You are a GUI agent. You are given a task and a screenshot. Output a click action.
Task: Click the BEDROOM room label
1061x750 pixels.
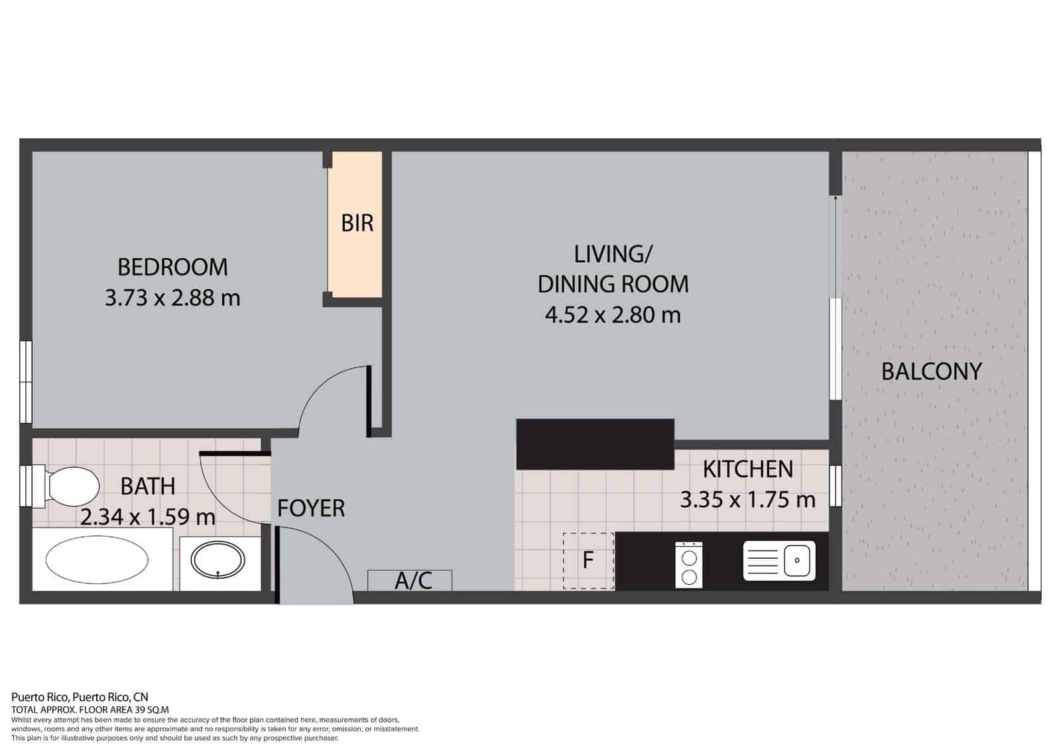click(x=172, y=267)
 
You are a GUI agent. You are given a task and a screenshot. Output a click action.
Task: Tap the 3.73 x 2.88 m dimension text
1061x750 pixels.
click(x=172, y=297)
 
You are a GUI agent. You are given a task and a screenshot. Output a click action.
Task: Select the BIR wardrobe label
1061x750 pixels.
click(x=357, y=223)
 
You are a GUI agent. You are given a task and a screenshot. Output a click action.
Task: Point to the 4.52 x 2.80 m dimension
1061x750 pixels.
click(x=613, y=315)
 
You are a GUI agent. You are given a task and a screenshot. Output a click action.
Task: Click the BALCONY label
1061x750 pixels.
click(x=931, y=371)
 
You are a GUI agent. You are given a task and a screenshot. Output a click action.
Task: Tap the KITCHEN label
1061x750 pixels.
click(x=747, y=469)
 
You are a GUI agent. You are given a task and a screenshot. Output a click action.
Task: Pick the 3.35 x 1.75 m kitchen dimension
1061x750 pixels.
click(x=747, y=499)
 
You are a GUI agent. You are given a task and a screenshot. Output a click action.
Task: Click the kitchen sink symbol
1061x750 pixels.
click(x=779, y=561)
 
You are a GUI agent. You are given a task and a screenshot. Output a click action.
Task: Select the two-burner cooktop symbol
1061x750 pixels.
click(x=689, y=564)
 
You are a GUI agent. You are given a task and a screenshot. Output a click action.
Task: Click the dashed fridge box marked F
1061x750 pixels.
click(x=588, y=561)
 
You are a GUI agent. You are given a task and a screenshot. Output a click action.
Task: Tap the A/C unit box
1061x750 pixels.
click(x=410, y=581)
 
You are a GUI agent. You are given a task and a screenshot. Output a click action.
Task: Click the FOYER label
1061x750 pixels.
click(x=311, y=508)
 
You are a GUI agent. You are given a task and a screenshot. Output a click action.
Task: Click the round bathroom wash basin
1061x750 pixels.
click(x=218, y=560)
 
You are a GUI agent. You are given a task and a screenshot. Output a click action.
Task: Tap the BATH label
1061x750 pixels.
click(x=148, y=486)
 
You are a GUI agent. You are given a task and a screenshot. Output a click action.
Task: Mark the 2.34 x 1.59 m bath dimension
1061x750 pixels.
click(x=148, y=516)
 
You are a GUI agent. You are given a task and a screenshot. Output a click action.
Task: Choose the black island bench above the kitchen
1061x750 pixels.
click(x=595, y=444)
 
